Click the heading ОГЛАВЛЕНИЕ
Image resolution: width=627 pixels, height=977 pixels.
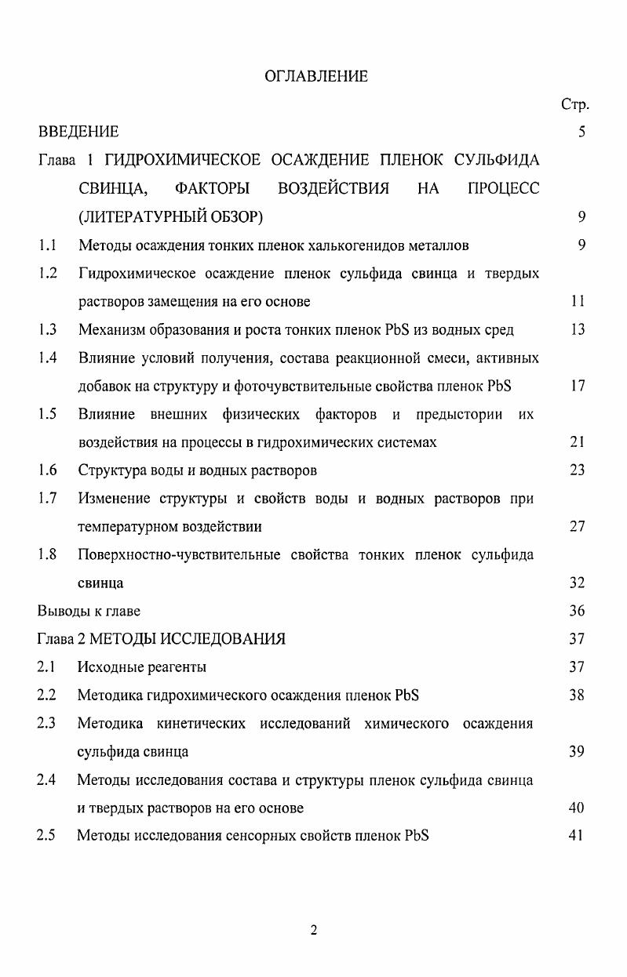[315, 76]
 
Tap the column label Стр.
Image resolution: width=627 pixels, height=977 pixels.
[574, 104]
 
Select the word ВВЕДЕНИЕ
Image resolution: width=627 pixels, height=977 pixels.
[78, 132]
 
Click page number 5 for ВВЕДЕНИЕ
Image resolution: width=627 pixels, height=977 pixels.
[581, 132]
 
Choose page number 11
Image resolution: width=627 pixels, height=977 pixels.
[578, 302]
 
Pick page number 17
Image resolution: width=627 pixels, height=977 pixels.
[578, 387]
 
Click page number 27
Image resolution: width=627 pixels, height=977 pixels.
[578, 526]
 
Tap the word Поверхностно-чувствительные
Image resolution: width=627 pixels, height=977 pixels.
[179, 554]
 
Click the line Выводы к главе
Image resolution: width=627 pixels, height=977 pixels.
[89, 611]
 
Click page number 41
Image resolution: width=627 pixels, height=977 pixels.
[578, 836]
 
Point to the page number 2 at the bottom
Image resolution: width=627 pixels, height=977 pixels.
[314, 931]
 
